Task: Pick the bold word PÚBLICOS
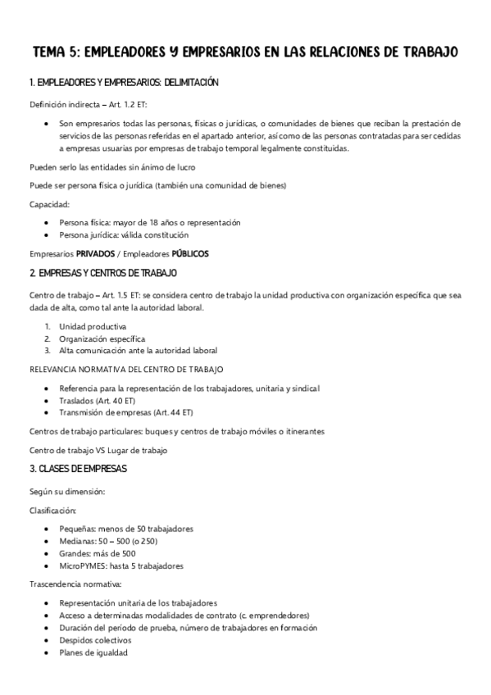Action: point(190,254)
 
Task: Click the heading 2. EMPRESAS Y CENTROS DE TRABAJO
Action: point(103,272)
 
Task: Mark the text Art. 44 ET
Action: point(172,411)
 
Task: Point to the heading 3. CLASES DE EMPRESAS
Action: point(78,469)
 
